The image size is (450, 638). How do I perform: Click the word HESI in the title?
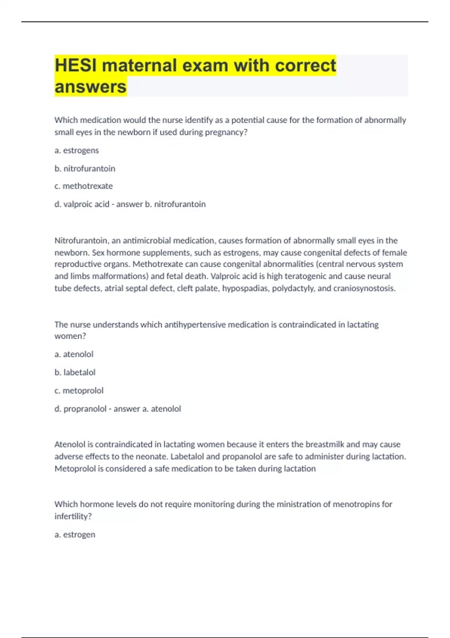pyautogui.click(x=76, y=65)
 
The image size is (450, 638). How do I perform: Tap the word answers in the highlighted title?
pyautogui.click(x=90, y=87)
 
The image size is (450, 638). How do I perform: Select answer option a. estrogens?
pyautogui.click(x=76, y=150)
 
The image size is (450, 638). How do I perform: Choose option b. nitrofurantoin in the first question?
pyautogui.click(x=85, y=169)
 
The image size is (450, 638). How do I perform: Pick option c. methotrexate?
pyautogui.click(x=83, y=186)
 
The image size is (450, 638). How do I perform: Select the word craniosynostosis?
pyautogui.click(x=364, y=288)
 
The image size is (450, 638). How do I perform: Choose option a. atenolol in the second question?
pyautogui.click(x=74, y=354)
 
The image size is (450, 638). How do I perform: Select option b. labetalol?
pyautogui.click(x=75, y=372)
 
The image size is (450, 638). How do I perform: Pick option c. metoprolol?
pyautogui.click(x=79, y=391)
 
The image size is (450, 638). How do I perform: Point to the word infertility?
pyautogui.click(x=73, y=516)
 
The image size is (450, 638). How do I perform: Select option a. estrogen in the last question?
pyautogui.click(x=75, y=534)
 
